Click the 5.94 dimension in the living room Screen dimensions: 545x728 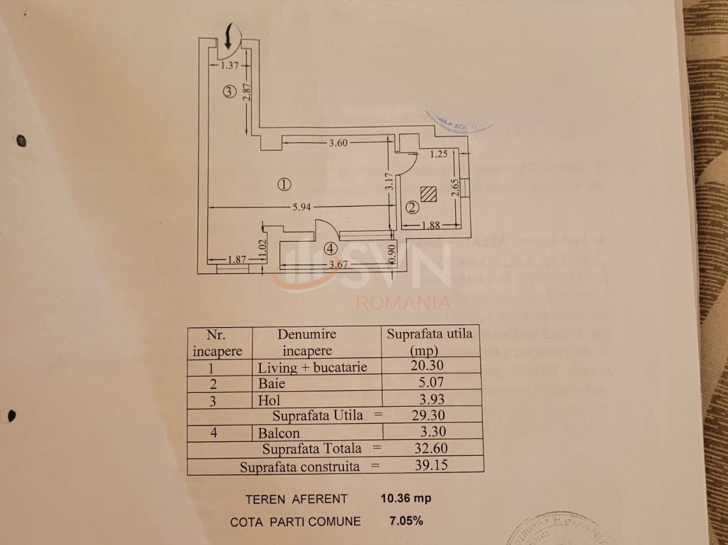pyautogui.click(x=302, y=207)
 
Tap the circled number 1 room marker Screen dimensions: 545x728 pyautogui.click(x=285, y=184)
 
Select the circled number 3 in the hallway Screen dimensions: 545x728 pyautogui.click(x=228, y=92)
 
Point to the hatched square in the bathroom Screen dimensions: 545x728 pyautogui.click(x=428, y=194)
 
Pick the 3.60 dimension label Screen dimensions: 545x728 pyautogui.click(x=339, y=144)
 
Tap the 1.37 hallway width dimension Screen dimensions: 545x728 pyautogui.click(x=230, y=65)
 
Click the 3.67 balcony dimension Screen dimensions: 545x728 pyautogui.click(x=338, y=264)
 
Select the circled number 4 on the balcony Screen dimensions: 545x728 pyautogui.click(x=329, y=248)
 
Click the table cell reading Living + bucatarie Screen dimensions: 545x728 pyautogui.click(x=312, y=367)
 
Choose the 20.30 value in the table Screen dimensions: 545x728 pyautogui.click(x=427, y=365)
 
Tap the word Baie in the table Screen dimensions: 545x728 pyautogui.click(x=271, y=384)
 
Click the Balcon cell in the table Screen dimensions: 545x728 pyautogui.click(x=278, y=433)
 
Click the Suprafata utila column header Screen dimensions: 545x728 pyautogui.click(x=430, y=341)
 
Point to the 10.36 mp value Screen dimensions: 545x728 pyautogui.click(x=405, y=498)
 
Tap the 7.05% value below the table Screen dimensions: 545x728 pyautogui.click(x=405, y=521)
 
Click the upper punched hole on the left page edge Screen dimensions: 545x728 pyautogui.click(x=21, y=141)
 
